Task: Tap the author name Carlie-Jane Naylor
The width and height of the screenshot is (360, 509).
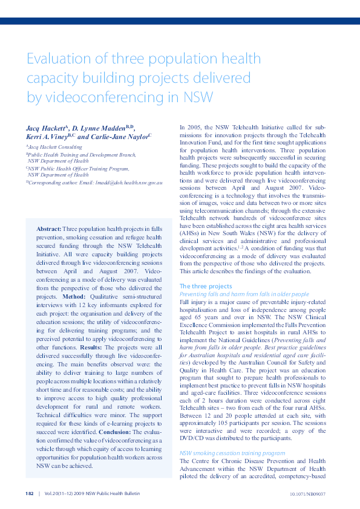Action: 124,137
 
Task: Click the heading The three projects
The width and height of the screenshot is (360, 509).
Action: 206,285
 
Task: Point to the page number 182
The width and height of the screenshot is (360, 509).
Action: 30,493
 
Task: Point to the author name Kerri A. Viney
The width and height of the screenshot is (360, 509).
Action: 50,137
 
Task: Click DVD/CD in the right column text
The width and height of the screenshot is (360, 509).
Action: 191,437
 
